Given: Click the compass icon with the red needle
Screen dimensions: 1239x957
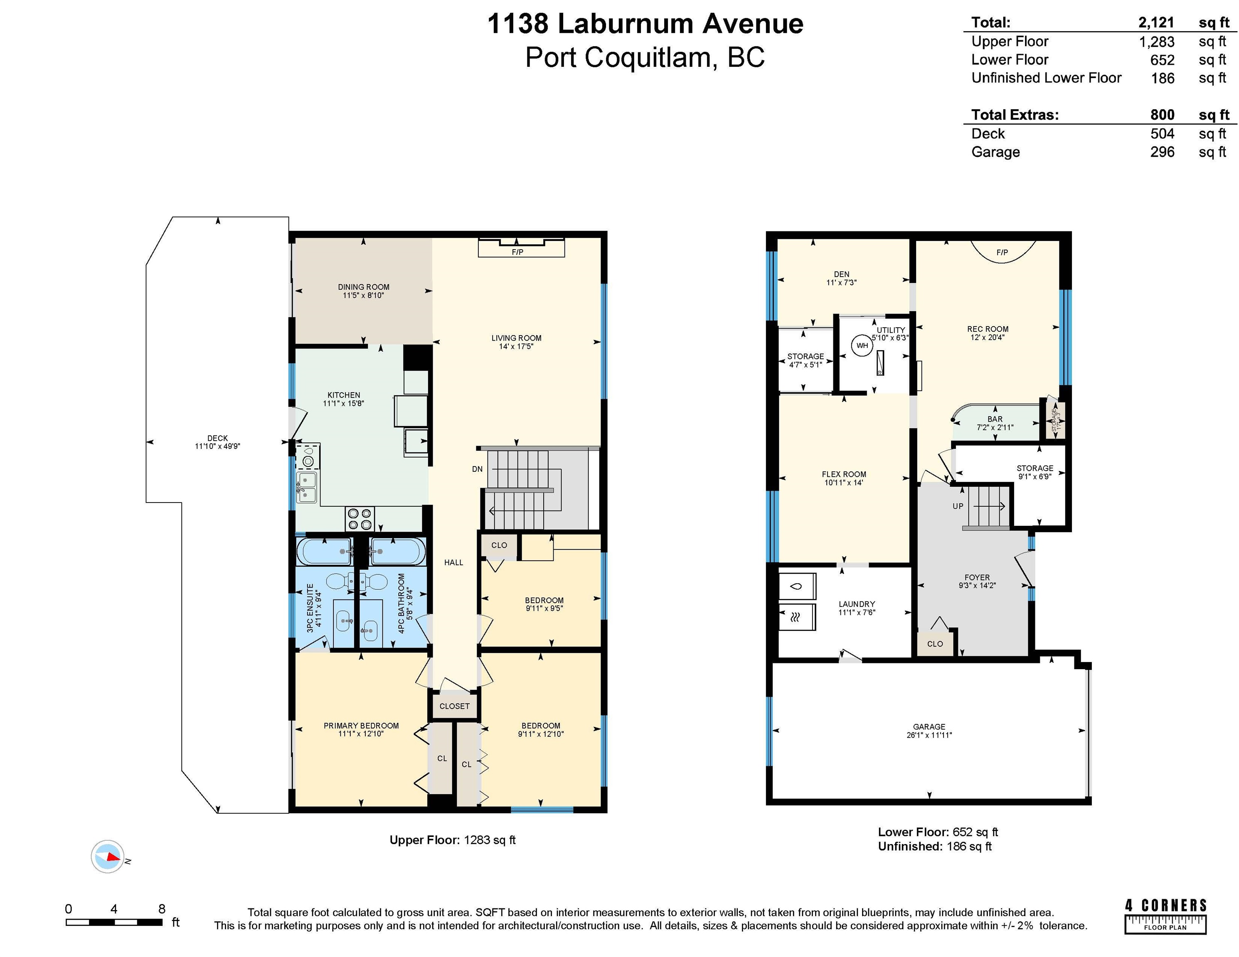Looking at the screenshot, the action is (x=107, y=856).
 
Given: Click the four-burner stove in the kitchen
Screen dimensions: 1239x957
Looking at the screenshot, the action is (x=360, y=518).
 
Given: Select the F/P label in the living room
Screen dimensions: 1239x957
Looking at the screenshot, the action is (x=517, y=252).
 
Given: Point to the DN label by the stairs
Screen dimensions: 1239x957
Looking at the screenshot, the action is (x=477, y=469).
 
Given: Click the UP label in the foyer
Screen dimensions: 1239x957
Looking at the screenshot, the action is (x=958, y=506).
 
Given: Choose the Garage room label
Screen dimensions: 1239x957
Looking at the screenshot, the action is (x=929, y=726).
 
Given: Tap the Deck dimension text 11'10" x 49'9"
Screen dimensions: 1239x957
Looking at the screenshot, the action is (x=217, y=446).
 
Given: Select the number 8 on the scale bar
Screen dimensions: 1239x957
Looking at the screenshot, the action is (x=162, y=909).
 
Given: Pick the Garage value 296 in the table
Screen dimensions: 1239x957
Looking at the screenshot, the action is (x=1163, y=152).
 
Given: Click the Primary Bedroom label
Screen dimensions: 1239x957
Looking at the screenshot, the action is (x=361, y=726).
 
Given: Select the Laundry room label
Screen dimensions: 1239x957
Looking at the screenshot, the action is (x=857, y=604).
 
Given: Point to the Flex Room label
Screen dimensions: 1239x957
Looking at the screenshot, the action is (x=844, y=474).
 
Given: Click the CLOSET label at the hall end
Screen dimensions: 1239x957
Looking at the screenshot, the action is (x=454, y=706).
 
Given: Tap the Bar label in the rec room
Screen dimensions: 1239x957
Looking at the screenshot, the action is (x=995, y=419).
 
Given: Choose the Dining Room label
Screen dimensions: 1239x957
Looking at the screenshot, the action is (x=364, y=287).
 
